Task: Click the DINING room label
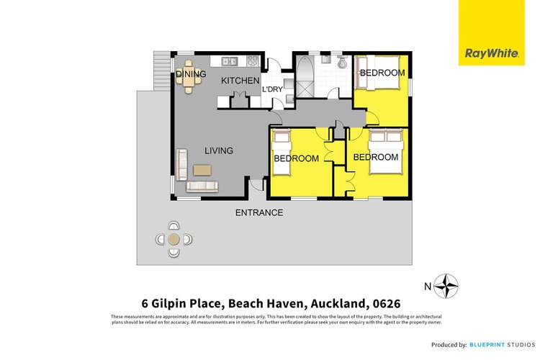(192, 74)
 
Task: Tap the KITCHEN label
(239, 81)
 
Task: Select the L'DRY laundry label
(271, 89)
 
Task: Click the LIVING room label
(218, 150)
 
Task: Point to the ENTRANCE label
(259, 212)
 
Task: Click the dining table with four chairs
(189, 84)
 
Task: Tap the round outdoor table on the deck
(173, 240)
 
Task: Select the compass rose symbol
(449, 286)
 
